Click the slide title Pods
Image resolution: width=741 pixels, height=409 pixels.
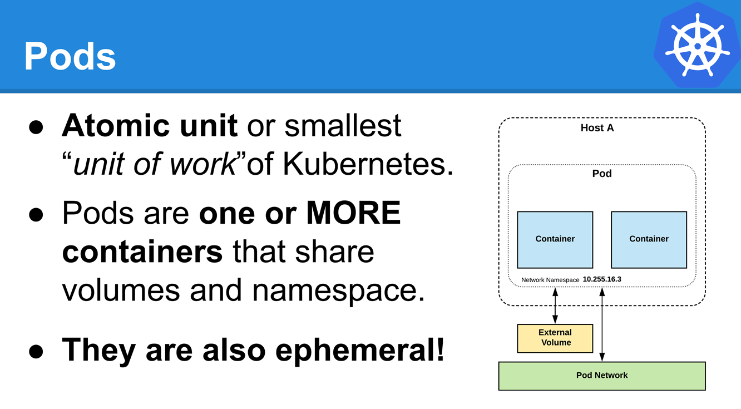click(70, 56)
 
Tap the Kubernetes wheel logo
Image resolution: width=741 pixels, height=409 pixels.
click(698, 45)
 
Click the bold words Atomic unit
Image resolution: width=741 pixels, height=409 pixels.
click(150, 126)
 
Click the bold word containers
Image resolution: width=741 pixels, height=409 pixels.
click(142, 252)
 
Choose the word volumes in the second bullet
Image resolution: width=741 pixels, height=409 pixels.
click(121, 290)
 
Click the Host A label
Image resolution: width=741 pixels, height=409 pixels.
click(597, 128)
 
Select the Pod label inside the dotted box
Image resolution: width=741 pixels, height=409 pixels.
click(602, 174)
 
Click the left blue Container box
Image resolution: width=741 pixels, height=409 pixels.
click(555, 240)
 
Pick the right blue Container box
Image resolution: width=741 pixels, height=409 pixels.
click(649, 240)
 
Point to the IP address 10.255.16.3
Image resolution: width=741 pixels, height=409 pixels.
click(602, 279)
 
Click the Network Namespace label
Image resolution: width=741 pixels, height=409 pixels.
click(550, 280)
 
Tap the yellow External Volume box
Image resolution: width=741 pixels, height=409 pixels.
click(555, 338)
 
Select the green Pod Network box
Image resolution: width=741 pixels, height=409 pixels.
click(602, 376)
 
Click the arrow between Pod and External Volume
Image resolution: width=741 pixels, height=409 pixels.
click(555, 305)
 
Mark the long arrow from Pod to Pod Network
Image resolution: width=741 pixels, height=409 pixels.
click(602, 324)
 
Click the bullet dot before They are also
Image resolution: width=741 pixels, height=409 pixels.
click(36, 352)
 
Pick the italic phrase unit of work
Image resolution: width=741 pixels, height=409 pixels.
click(154, 164)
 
